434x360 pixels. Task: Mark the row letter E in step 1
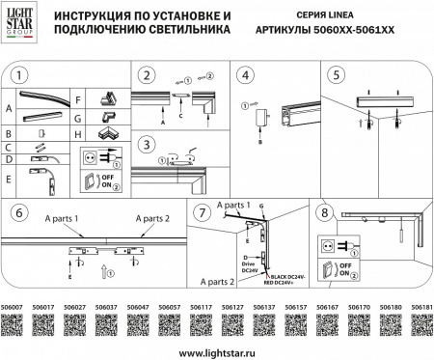pos(8,178)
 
